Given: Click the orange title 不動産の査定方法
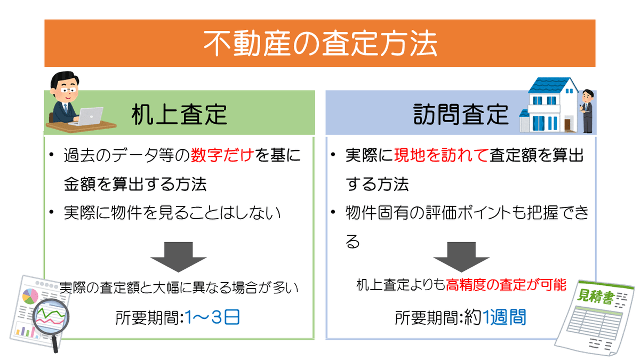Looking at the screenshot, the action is pyautogui.click(x=320, y=44).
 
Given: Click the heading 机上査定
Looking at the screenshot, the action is pyautogui.click(x=179, y=114).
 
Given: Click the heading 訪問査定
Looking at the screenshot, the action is pyautogui.click(x=461, y=114).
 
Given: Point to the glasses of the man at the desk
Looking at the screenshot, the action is pyautogui.click(x=68, y=91).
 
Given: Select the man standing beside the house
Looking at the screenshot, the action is pyautogui.click(x=587, y=111).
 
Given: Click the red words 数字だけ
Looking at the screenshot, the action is pyautogui.click(x=222, y=155).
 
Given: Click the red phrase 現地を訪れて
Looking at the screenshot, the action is pyautogui.click(x=441, y=155).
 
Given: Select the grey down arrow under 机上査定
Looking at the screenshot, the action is pyautogui.click(x=179, y=257).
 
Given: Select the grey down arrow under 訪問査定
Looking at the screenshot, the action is pyautogui.click(x=461, y=257).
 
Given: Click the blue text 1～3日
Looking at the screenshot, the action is pyautogui.click(x=212, y=317).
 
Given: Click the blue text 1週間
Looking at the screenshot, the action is pyautogui.click(x=504, y=317).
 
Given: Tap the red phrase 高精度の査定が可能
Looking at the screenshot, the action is pyautogui.click(x=506, y=285).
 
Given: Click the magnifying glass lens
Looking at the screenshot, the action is pyautogui.click(x=51, y=317).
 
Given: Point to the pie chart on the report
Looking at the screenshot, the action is pyautogui.click(x=30, y=297).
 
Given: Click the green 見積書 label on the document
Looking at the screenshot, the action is pyautogui.click(x=596, y=297).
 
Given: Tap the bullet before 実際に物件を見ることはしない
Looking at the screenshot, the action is pyautogui.click(x=51, y=212).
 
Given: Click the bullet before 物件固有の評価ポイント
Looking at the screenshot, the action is pyautogui.click(x=333, y=212).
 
